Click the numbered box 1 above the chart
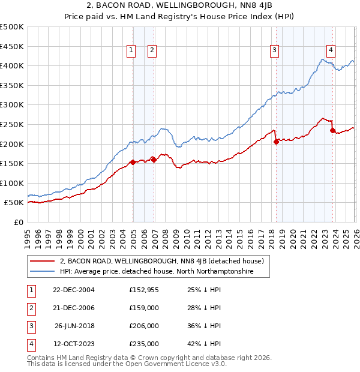pos(131,51)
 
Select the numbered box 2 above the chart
pos(152,51)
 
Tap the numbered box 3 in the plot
pos(274,51)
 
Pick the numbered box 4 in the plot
pos(331,51)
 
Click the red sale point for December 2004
pos(133,162)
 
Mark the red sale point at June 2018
pos(276,142)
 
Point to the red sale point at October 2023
pos(332,130)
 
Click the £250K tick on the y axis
pos(12,124)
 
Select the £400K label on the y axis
pos(12,65)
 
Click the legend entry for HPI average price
pos(157,271)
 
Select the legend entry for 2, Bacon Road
pos(165,261)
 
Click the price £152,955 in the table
pos(143,290)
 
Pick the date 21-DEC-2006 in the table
pos(74,308)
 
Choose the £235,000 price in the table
pos(143,344)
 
